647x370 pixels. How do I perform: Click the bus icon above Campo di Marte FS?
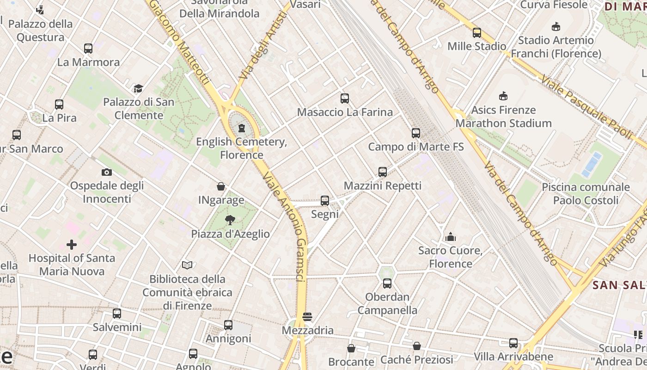pos(416,133)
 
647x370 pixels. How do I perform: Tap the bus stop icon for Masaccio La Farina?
pos(345,99)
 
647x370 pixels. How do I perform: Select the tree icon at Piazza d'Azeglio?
pos(230,220)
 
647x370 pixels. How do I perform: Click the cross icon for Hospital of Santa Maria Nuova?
pos(72,244)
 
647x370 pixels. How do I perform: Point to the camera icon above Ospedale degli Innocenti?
pos(107,173)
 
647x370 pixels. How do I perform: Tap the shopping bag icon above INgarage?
pos(221,186)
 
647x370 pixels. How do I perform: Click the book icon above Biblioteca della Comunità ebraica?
pos(187,265)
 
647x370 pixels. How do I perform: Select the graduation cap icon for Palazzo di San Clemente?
pos(138,88)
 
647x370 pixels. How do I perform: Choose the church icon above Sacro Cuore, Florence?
pos(451,237)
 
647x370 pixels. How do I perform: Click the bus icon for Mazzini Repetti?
pos(383,172)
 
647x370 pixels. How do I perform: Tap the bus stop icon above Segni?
pos(325,201)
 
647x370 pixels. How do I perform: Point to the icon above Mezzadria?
pos(307,317)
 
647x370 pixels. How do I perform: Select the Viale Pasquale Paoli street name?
pos(586,106)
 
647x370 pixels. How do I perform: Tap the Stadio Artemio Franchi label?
pos(555,47)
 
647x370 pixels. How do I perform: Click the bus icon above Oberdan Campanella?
pos(387,284)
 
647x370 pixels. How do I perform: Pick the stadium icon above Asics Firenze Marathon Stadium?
pos(503,96)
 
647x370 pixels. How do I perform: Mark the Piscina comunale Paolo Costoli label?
pos(586,194)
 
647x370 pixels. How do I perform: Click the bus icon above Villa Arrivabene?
pos(513,343)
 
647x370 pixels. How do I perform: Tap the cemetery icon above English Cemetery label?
pos(241,128)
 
